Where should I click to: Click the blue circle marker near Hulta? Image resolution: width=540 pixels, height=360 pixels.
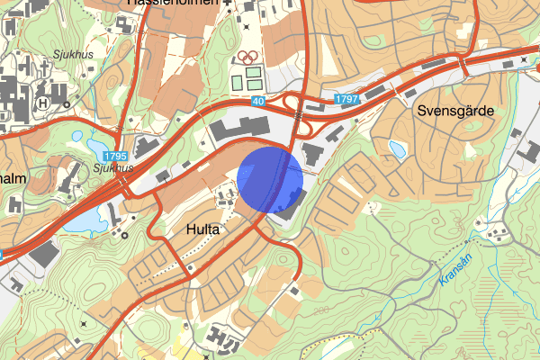point(271,177)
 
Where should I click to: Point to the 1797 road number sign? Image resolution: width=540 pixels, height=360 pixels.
point(346,97)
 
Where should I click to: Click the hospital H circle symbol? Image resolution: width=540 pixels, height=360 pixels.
point(42,103)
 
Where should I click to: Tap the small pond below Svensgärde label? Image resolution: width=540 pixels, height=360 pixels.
point(397,148)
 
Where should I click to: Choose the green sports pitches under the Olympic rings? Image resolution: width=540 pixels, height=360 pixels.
point(247,79)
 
